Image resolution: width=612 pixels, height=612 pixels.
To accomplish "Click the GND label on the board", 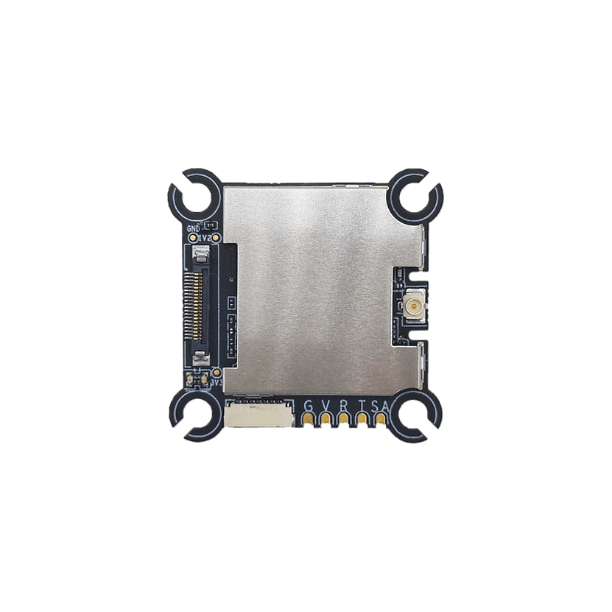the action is pos(194,229).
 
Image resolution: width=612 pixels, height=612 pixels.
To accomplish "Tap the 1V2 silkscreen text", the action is pos(205,239).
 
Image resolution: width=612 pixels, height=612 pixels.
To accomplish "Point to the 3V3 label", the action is pos(217,383).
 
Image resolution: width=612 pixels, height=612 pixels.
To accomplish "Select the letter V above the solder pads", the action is pos(326,407).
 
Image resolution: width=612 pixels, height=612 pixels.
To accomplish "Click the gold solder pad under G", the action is pos(307,421).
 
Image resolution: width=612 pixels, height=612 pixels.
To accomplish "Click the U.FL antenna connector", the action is pos(412,304).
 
